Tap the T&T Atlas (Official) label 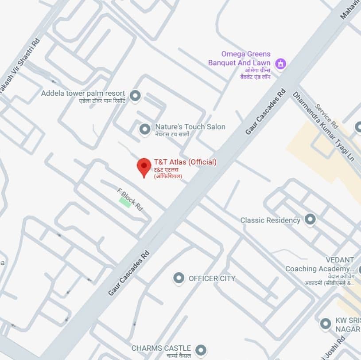(x=185, y=162)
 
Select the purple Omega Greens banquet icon (x=280, y=64)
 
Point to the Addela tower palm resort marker (x=135, y=95)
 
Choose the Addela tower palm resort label (x=83, y=94)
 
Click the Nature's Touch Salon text (x=190, y=127)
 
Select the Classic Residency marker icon (x=310, y=219)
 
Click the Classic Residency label (x=270, y=220)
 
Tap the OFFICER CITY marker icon (x=179, y=278)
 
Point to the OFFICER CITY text (x=212, y=278)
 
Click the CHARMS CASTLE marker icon (x=202, y=350)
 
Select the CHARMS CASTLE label (x=161, y=348)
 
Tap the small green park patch (x=124, y=202)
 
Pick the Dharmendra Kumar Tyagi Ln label (x=323, y=126)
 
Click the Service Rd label (x=326, y=117)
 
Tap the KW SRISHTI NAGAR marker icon (x=326, y=324)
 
